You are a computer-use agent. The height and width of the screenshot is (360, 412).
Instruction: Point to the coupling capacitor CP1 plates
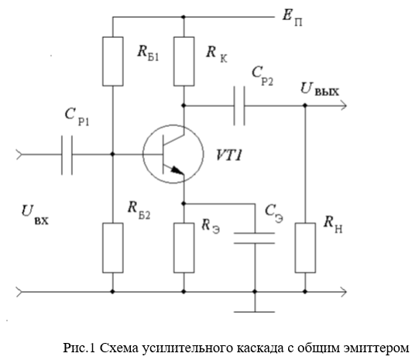coord(67,155)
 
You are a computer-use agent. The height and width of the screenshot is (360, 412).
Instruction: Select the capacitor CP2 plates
coord(239,106)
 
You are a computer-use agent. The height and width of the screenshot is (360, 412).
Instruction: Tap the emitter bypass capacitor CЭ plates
coord(254,238)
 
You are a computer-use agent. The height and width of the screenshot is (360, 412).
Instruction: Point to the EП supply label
coord(292,18)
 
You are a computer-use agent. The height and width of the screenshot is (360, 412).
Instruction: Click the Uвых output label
coord(320,89)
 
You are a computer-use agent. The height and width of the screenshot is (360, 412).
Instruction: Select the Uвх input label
coord(35,214)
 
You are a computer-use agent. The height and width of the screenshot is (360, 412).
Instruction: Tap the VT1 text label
coord(228,155)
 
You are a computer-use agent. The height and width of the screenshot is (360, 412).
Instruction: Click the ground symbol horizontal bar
coord(254,312)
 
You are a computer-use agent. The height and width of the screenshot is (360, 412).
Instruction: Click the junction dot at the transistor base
coord(113,154)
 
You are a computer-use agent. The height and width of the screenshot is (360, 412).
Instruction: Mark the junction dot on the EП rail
coord(184,17)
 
